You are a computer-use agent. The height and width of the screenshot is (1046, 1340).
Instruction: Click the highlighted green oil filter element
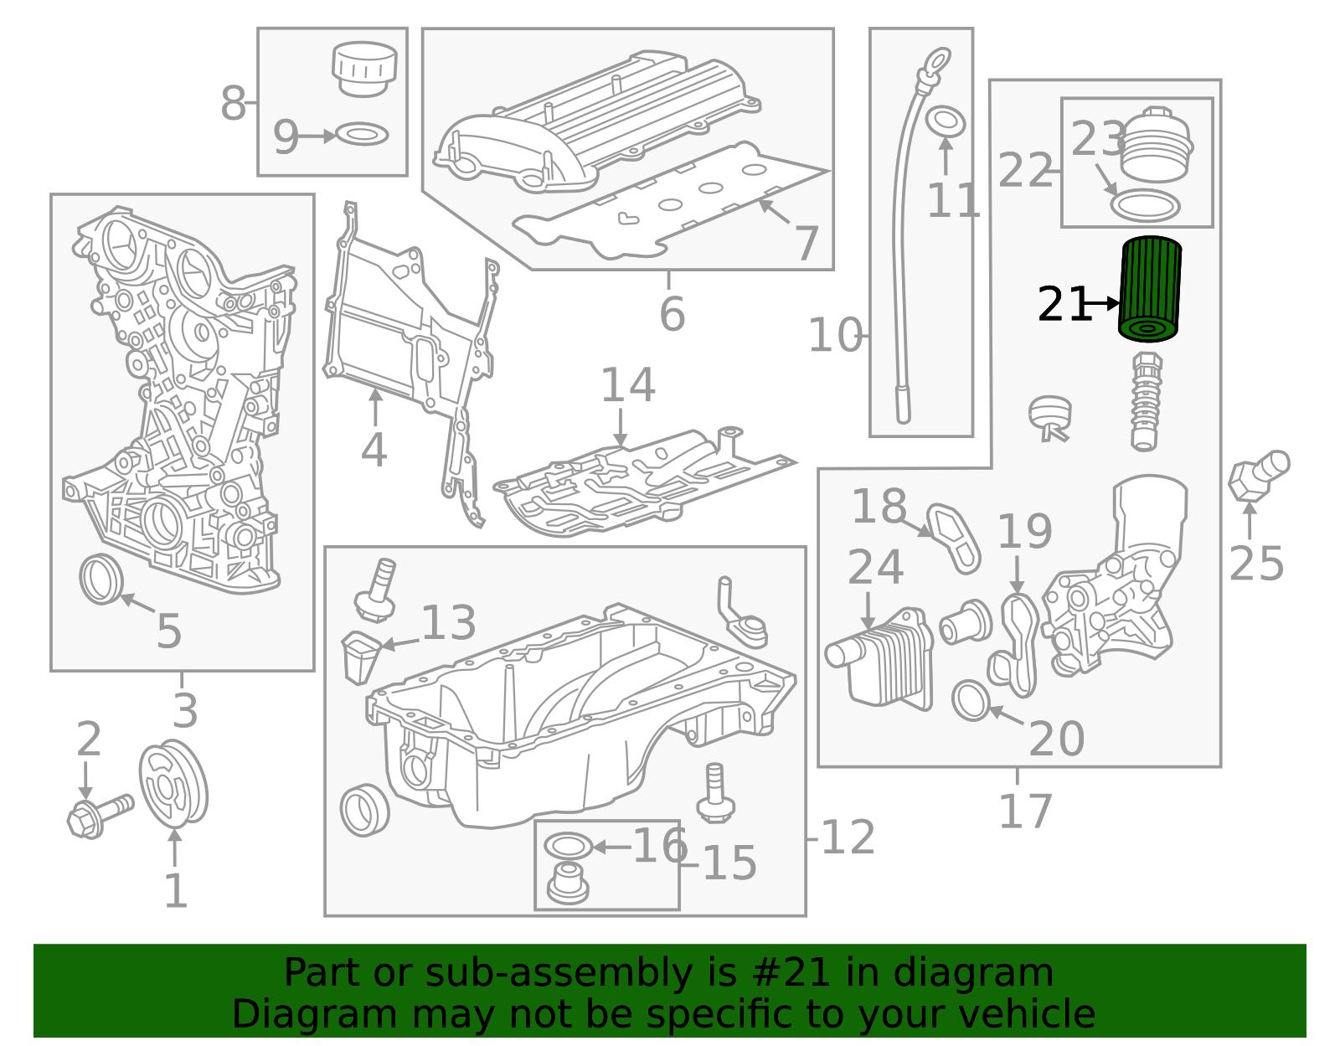coord(1149,289)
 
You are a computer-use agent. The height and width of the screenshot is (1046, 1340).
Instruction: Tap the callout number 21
coord(1062,305)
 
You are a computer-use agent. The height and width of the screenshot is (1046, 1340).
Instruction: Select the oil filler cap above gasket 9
coord(364,69)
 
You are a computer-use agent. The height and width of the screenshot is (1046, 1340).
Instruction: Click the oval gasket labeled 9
coord(362,134)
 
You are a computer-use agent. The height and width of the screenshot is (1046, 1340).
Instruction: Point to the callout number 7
coord(806,243)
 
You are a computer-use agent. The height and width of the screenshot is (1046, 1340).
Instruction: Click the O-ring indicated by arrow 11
coord(946,121)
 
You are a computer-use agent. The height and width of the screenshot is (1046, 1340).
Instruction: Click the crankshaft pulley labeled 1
coord(173,784)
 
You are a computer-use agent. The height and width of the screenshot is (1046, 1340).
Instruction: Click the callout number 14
coord(627,386)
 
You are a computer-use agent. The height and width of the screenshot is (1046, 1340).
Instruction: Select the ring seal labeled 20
coord(971,700)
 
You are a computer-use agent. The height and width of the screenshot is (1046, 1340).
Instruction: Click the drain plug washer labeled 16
coord(567,846)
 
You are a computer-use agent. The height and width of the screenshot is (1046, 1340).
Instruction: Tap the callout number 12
coord(848,837)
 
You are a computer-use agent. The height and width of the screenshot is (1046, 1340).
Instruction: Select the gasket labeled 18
coord(955,537)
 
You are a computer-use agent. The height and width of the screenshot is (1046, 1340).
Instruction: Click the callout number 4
coord(374,451)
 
